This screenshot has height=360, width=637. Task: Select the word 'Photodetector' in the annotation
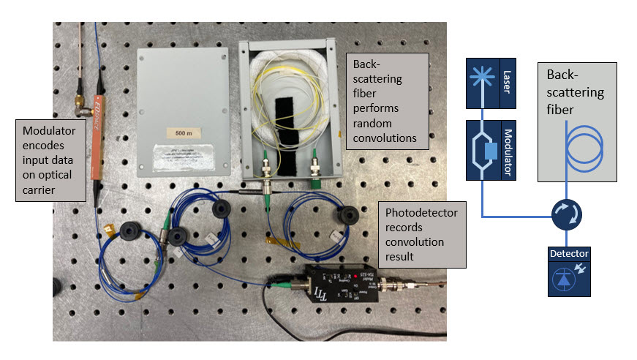click(x=421, y=212)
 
